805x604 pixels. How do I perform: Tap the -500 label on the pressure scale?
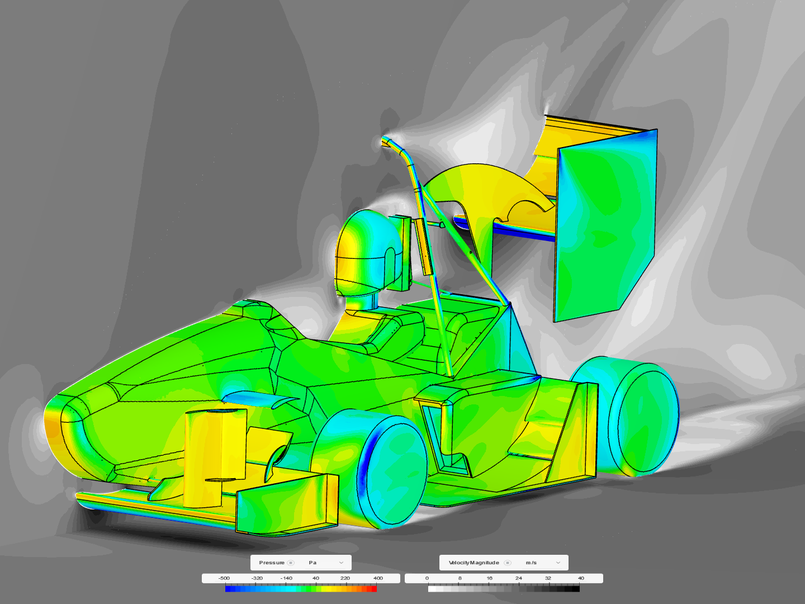pyautogui.click(x=224, y=578)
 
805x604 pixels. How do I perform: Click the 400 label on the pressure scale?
pyautogui.click(x=378, y=578)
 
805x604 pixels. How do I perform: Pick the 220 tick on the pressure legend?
pyautogui.click(x=345, y=578)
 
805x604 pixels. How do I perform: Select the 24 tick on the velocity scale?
pyautogui.click(x=519, y=578)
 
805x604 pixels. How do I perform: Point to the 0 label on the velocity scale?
pyautogui.click(x=427, y=578)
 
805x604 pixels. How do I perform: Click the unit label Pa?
pyautogui.click(x=312, y=563)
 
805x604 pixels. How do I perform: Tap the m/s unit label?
pyautogui.click(x=531, y=563)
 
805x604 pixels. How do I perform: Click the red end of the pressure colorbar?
pyautogui.click(x=374, y=588)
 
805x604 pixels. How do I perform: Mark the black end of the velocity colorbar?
pyautogui.click(x=576, y=588)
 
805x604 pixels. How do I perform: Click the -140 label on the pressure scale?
pyautogui.click(x=286, y=578)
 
